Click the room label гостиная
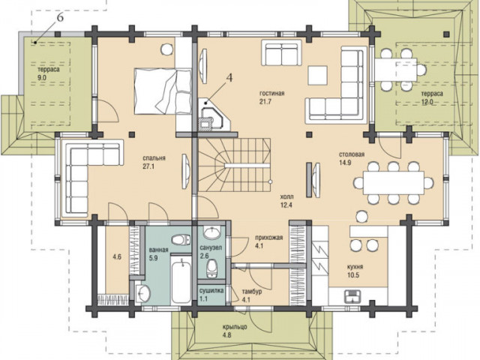(x=271, y=93)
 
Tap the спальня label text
(x=154, y=158)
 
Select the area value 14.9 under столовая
(x=345, y=163)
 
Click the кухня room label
(x=355, y=267)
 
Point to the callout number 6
(x=60, y=18)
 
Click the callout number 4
(x=229, y=78)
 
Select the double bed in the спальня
(x=163, y=91)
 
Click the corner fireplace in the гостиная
(x=214, y=115)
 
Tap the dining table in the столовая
(x=393, y=183)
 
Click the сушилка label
(x=211, y=290)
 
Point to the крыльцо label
(x=235, y=327)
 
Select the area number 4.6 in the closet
(x=117, y=256)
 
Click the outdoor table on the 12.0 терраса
(x=396, y=70)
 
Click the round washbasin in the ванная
(x=143, y=294)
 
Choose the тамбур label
(x=252, y=292)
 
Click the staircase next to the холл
(x=235, y=165)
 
